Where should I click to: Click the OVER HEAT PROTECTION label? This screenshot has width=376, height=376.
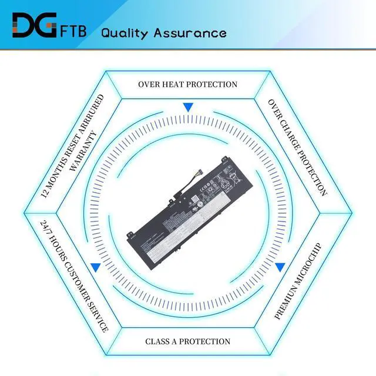(x=188, y=85)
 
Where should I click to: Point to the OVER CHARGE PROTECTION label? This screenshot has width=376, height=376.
(x=297, y=147)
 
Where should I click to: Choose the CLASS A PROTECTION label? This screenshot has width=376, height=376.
(x=188, y=341)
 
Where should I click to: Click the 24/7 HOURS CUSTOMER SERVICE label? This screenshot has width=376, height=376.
(x=74, y=276)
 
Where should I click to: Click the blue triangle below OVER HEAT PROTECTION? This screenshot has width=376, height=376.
(x=188, y=108)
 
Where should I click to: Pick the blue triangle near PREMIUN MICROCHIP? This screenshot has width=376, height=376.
(x=280, y=267)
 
